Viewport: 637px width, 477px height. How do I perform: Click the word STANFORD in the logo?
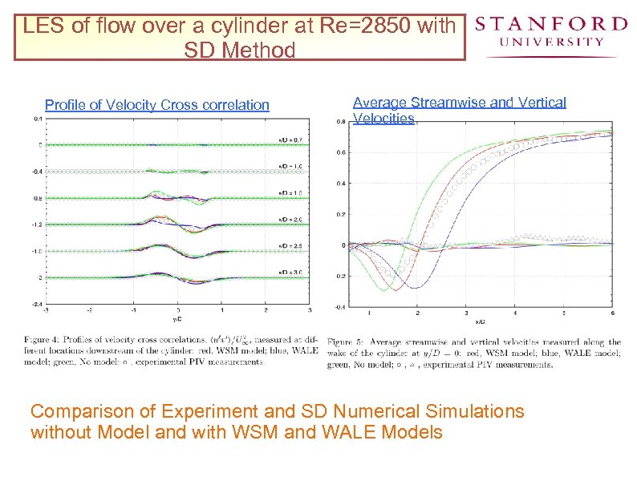point(550,23)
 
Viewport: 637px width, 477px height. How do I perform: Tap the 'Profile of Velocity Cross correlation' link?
point(157,105)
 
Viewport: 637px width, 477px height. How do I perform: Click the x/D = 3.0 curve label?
point(291,273)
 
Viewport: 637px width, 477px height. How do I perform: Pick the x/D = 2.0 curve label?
point(291,219)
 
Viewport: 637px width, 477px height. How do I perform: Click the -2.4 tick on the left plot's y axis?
point(37,304)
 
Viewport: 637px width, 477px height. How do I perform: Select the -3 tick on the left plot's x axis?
point(45,309)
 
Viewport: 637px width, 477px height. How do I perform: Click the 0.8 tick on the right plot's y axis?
point(340,122)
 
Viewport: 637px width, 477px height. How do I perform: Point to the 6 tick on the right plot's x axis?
point(612,313)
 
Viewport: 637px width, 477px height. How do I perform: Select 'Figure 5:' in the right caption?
point(346,342)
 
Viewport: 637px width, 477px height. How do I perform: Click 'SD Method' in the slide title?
point(239,51)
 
